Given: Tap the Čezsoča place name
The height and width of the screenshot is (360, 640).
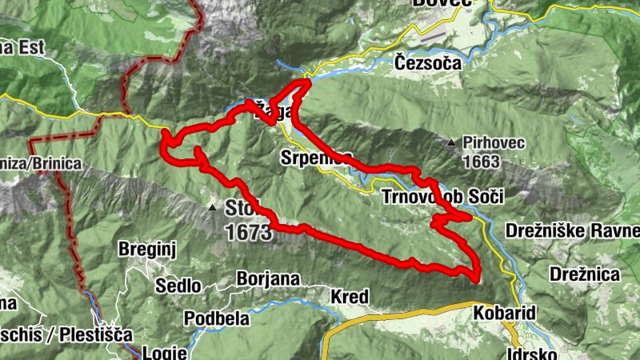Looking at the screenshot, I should click(x=428, y=62).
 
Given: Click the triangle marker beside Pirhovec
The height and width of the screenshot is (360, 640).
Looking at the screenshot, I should click(x=452, y=144).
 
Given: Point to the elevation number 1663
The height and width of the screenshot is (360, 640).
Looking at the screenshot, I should click(x=480, y=162).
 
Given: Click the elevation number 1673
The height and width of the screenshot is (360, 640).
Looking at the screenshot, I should click(x=249, y=233).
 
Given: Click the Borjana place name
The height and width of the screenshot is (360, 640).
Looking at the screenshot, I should click(x=268, y=279).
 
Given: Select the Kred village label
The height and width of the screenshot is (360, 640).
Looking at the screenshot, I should click(x=350, y=298).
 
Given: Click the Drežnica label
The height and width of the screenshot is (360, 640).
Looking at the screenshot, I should click(x=585, y=274).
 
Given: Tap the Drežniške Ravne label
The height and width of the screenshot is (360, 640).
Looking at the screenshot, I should click(x=572, y=232).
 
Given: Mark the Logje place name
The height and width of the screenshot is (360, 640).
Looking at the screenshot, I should click(x=165, y=352).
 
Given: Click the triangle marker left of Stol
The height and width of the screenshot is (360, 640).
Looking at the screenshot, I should click(x=213, y=208).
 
